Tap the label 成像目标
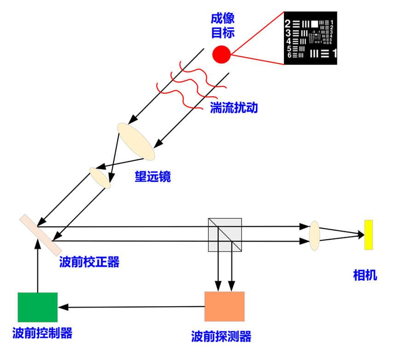(x=223, y=25)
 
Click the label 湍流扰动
(x=234, y=108)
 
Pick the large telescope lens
(x=136, y=141)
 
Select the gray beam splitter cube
(x=225, y=234)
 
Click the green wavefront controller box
(x=38, y=307)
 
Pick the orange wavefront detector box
(x=225, y=306)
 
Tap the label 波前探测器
(x=221, y=336)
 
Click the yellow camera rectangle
(x=369, y=235)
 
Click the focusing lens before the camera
(x=314, y=235)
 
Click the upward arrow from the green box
(x=38, y=267)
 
